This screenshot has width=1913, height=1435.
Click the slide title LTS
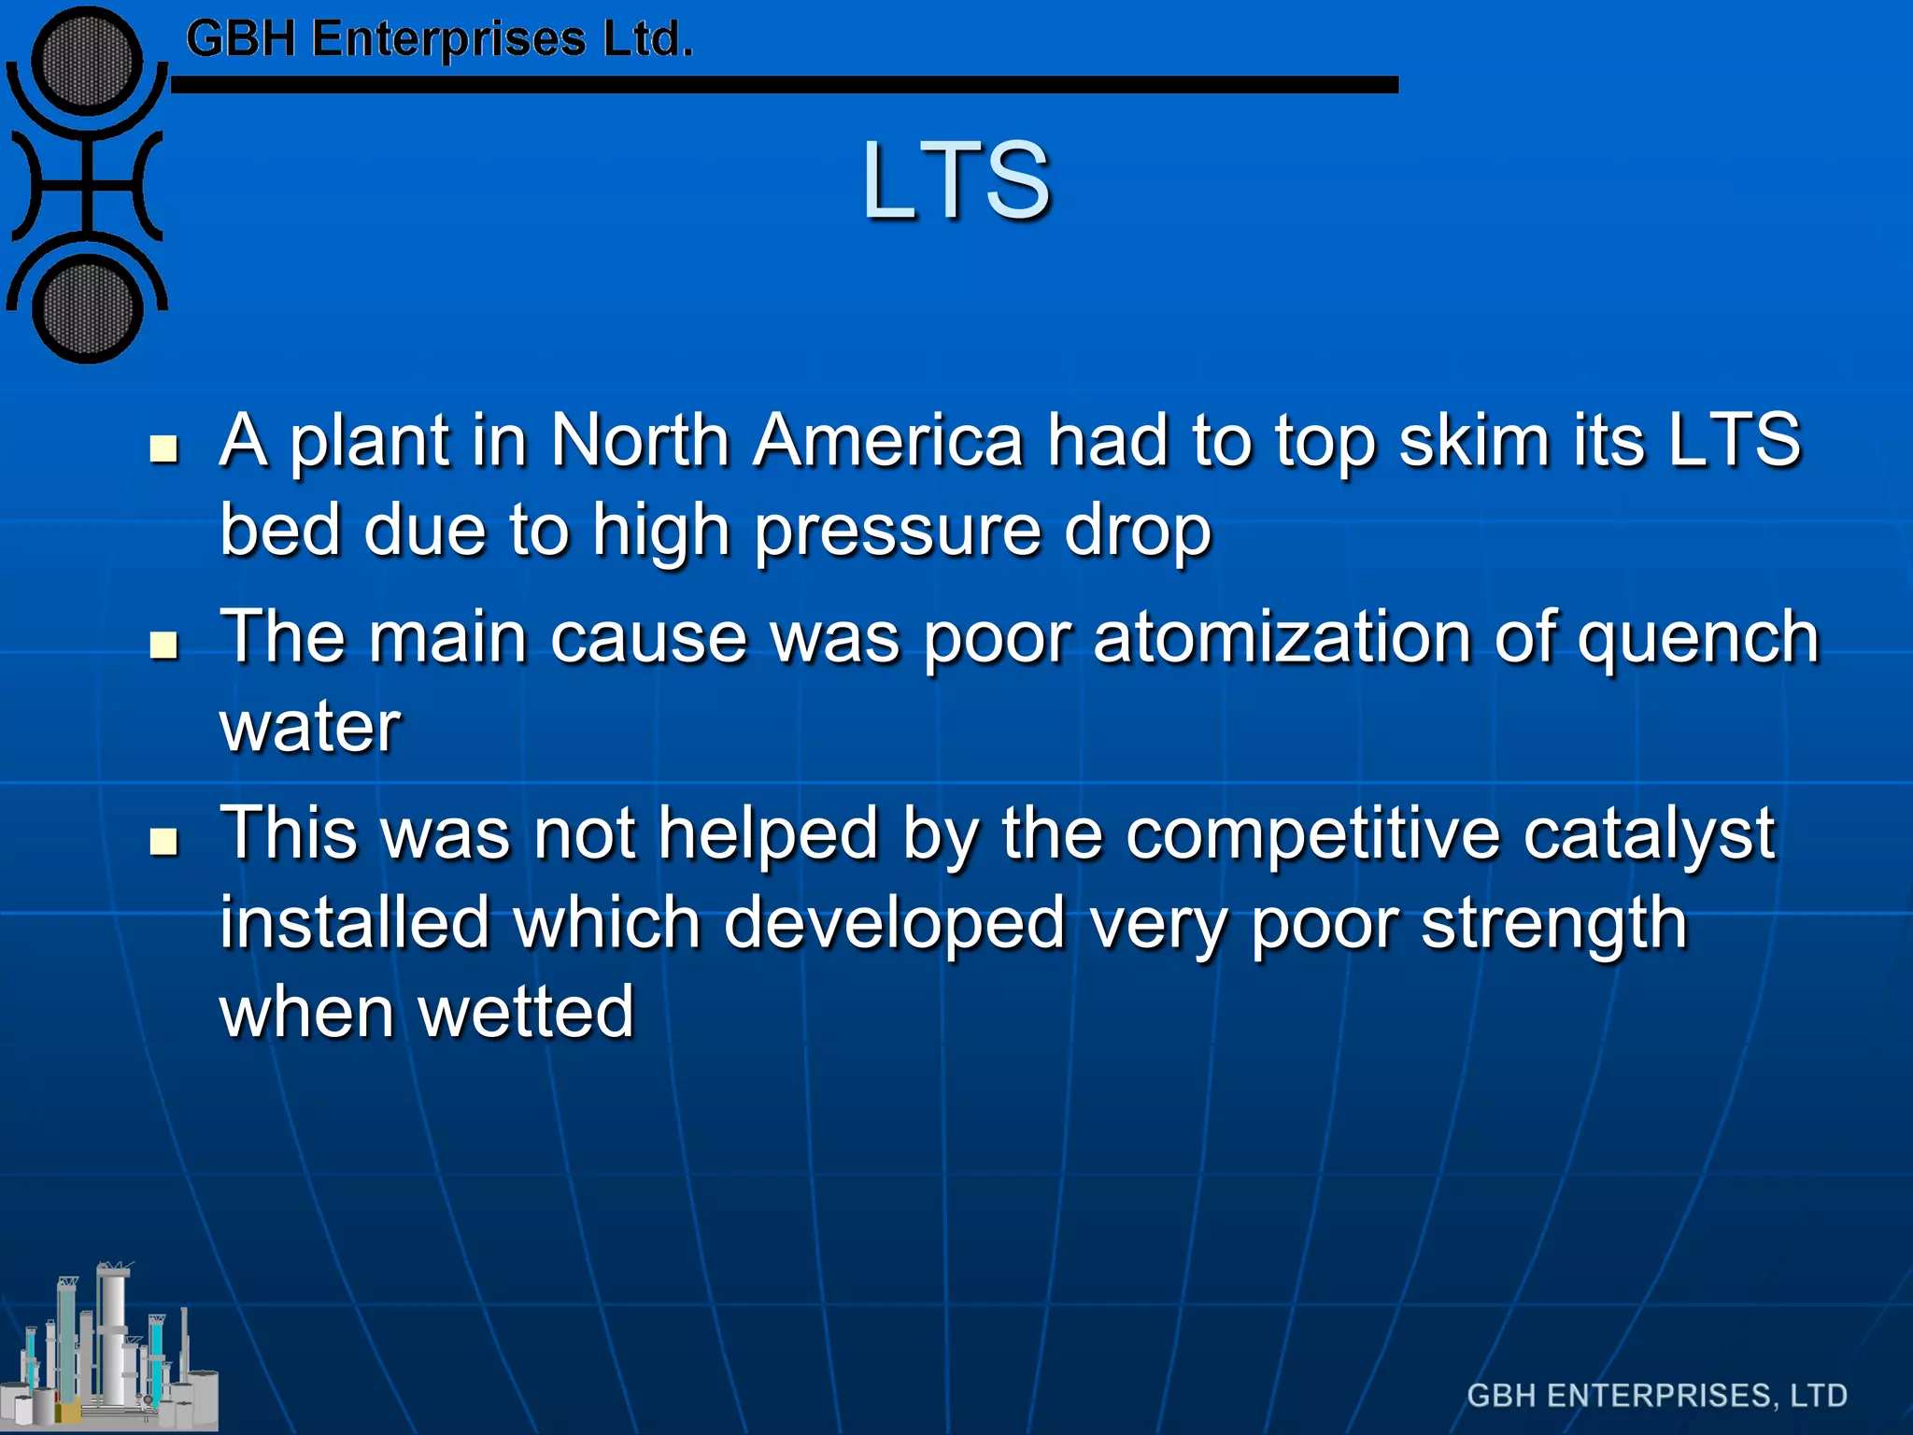tap(956, 179)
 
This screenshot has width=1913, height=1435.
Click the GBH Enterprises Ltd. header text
tap(439, 39)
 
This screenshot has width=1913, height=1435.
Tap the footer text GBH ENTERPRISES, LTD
tap(1656, 1395)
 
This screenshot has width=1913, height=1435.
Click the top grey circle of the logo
tap(87, 62)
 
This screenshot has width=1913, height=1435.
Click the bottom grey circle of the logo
tap(87, 310)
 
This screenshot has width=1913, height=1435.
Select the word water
tap(310, 727)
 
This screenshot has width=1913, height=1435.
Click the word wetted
tap(527, 1013)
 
